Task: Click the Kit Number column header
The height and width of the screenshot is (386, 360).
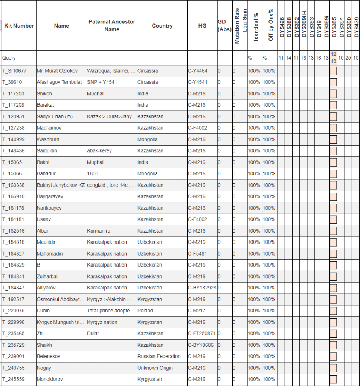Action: click(x=19, y=26)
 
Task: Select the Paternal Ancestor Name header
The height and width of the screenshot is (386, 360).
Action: click(x=112, y=26)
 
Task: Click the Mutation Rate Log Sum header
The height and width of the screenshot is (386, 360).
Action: click(x=240, y=26)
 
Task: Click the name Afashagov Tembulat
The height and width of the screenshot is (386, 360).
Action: click(x=59, y=82)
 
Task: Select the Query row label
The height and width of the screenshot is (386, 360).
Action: click(x=9, y=58)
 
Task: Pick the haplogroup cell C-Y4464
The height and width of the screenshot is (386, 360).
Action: click(x=197, y=71)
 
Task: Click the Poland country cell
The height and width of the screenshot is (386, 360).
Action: click(x=145, y=311)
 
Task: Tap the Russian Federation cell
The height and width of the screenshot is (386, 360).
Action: click(x=159, y=357)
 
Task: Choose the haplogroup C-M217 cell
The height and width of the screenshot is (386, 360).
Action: click(x=197, y=311)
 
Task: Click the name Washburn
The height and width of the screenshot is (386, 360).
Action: click(x=48, y=139)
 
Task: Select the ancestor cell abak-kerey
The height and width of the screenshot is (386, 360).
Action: click(x=99, y=151)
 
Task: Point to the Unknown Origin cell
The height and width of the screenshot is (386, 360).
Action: click(x=155, y=368)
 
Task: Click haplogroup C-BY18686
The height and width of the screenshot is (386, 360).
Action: click(x=200, y=345)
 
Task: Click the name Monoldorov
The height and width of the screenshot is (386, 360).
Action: click(x=50, y=379)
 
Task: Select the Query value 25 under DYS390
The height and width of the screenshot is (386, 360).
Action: click(x=348, y=58)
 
